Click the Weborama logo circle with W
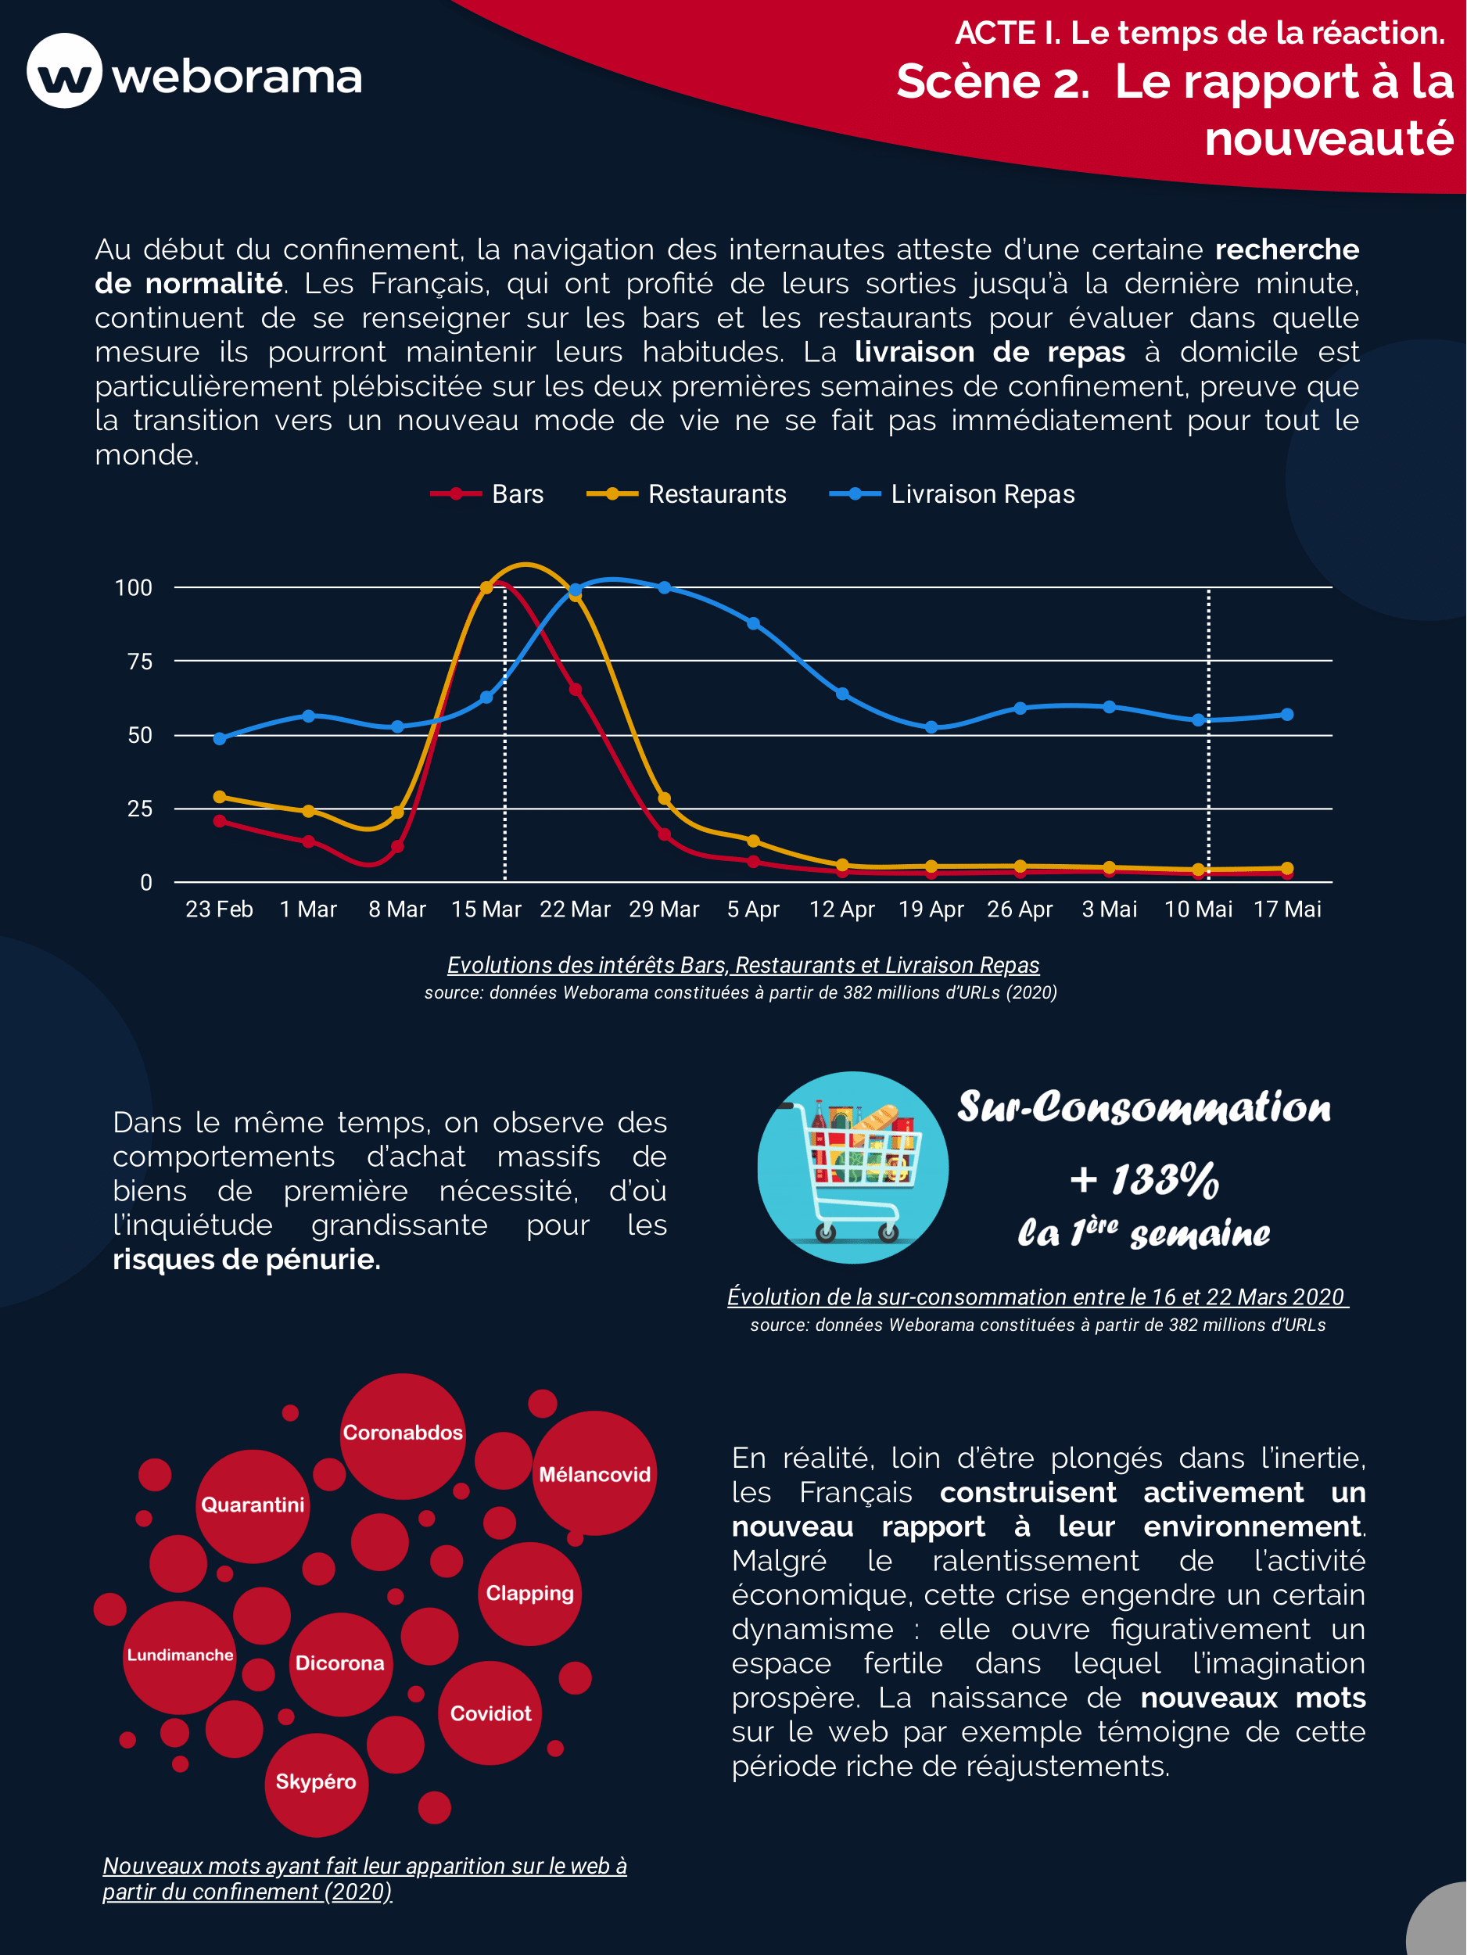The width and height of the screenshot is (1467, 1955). pyautogui.click(x=64, y=70)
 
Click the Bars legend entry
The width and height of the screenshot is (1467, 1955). pyautogui.click(x=488, y=494)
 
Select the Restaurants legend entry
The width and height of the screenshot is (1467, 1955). pyautogui.click(x=687, y=494)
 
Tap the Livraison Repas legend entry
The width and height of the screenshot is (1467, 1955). pyautogui.click(x=952, y=494)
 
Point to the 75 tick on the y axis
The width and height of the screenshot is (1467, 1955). pyautogui.click(x=140, y=661)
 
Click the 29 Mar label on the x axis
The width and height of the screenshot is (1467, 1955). pyautogui.click(x=664, y=909)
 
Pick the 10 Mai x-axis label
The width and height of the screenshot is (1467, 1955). pyautogui.click(x=1197, y=909)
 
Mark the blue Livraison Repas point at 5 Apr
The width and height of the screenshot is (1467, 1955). pyautogui.click(x=753, y=624)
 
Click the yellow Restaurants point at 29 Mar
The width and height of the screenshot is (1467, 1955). pyautogui.click(x=665, y=799)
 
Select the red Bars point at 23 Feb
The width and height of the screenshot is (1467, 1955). pyautogui.click(x=220, y=821)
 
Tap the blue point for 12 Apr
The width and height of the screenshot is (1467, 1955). pyautogui.click(x=842, y=694)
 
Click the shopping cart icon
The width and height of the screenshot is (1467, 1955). pyautogui.click(x=853, y=1167)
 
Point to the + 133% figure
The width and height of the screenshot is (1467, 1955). pyautogui.click(x=1145, y=1180)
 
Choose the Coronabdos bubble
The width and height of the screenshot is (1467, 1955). pyautogui.click(x=403, y=1433)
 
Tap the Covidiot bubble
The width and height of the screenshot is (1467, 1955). pyautogui.click(x=490, y=1713)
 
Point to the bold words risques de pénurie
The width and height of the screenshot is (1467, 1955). pyautogui.click(x=246, y=1260)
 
